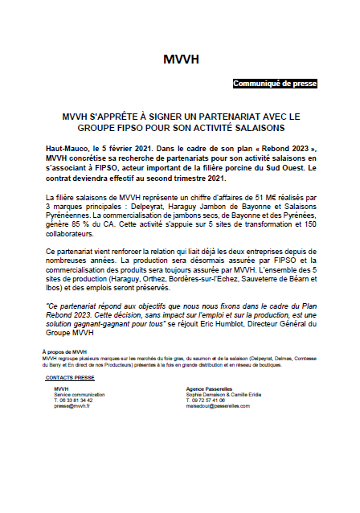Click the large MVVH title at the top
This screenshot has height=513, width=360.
click(181, 60)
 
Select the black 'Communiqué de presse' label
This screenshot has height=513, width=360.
click(275, 84)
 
